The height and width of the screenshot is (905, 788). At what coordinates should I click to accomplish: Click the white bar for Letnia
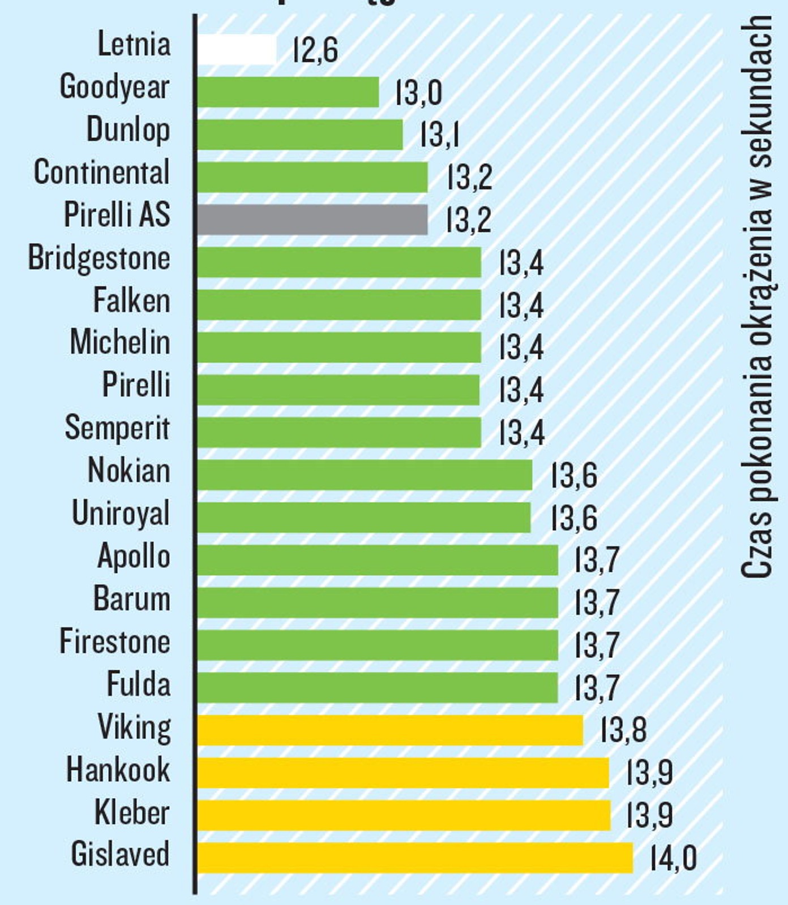(x=237, y=50)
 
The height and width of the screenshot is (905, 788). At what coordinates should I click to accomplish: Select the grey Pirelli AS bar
(x=312, y=219)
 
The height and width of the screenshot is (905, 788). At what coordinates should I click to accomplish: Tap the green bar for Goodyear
(x=288, y=92)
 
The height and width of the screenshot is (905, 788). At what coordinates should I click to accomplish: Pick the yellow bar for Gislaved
(x=415, y=858)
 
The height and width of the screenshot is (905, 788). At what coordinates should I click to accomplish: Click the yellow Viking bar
(x=390, y=730)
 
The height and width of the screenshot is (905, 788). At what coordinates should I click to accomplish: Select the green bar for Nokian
(x=365, y=475)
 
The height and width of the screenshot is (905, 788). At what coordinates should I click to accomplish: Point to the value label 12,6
(x=315, y=50)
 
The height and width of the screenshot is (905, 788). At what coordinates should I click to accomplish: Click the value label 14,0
(x=673, y=858)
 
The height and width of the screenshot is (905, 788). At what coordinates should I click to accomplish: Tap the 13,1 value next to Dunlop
(x=440, y=135)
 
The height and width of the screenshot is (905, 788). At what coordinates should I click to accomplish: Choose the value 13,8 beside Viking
(x=623, y=730)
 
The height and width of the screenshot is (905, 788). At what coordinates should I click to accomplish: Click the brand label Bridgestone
(x=99, y=259)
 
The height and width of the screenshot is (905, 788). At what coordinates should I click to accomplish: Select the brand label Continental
(x=102, y=173)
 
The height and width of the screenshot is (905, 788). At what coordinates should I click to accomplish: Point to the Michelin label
(x=120, y=343)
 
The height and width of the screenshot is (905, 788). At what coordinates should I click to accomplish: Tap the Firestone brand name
(x=115, y=642)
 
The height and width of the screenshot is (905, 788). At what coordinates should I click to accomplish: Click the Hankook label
(x=118, y=770)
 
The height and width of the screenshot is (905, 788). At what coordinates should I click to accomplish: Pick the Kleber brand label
(x=132, y=813)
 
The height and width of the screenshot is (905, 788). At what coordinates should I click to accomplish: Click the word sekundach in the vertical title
(x=757, y=90)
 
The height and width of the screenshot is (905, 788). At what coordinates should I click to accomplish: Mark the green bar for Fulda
(x=377, y=688)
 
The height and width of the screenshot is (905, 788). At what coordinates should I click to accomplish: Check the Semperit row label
(x=117, y=428)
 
